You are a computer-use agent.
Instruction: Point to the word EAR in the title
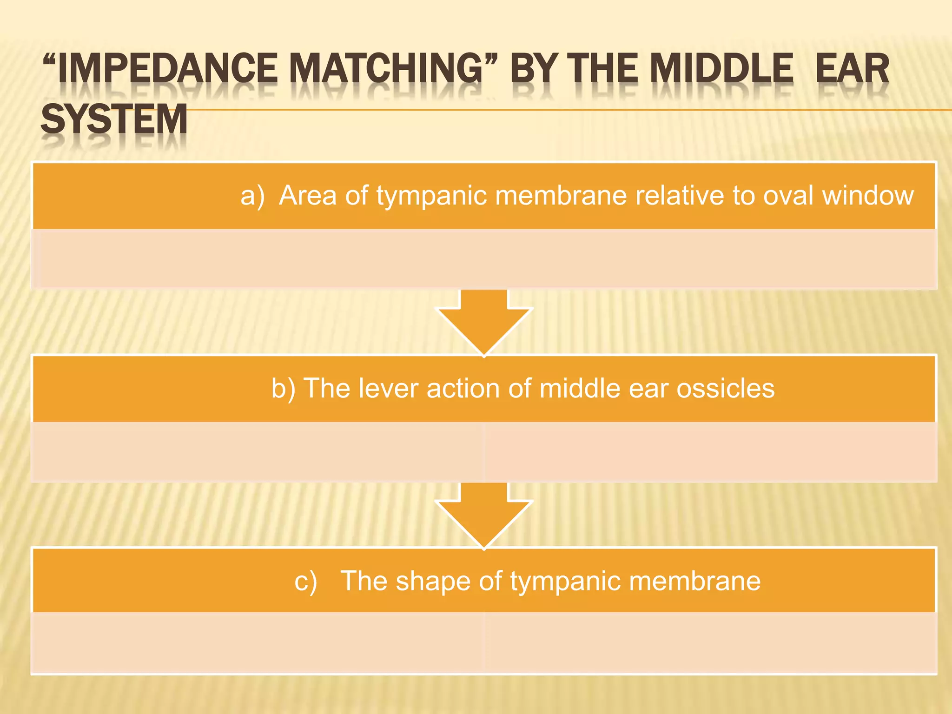(x=853, y=69)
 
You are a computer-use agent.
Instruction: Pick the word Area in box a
(x=307, y=195)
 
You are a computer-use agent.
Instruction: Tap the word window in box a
(x=868, y=195)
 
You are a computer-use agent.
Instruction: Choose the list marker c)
(x=306, y=581)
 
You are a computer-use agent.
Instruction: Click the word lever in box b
(x=388, y=388)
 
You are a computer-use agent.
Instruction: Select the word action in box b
(x=463, y=388)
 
